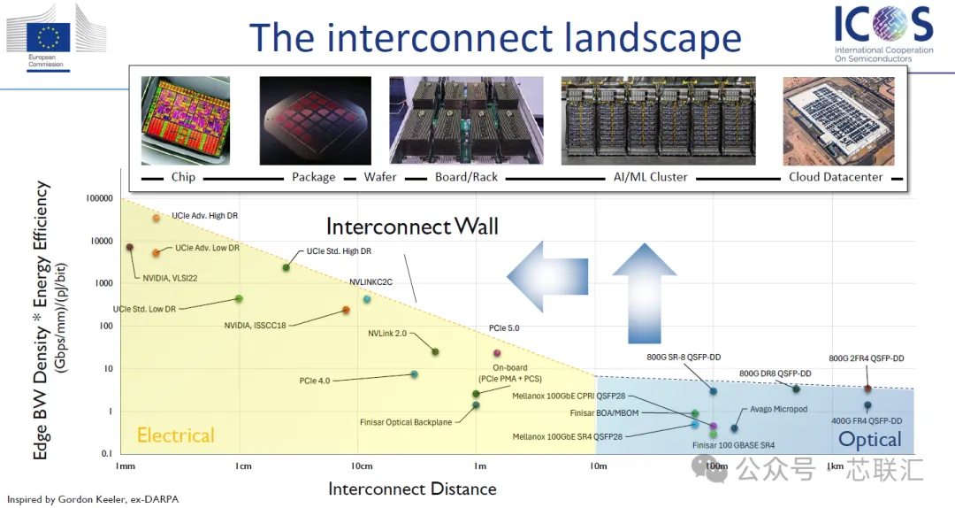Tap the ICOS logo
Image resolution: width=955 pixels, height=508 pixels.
click(883, 34)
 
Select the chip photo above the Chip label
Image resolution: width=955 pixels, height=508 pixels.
click(185, 120)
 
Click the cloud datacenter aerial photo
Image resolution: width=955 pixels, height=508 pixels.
click(838, 120)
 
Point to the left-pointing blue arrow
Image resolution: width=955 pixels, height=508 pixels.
click(547, 276)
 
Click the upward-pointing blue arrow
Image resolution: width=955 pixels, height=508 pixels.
click(644, 293)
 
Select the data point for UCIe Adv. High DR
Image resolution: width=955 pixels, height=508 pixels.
click(156, 218)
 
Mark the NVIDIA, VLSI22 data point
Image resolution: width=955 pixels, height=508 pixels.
click(129, 247)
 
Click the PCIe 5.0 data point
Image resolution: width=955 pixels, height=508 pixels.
click(497, 353)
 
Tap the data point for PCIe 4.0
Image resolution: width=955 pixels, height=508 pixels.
click(414, 374)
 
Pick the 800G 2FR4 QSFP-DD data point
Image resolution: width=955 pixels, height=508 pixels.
click(868, 389)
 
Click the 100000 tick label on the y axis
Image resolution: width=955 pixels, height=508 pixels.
click(99, 198)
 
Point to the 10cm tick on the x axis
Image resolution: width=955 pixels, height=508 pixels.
click(362, 466)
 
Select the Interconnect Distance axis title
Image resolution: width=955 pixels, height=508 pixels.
click(412, 489)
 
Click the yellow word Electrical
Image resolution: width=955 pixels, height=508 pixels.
click(175, 435)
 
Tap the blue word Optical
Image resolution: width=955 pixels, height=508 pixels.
click(870, 440)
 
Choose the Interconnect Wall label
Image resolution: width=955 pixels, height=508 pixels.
click(412, 227)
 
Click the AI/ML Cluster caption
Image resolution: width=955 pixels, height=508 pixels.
click(651, 177)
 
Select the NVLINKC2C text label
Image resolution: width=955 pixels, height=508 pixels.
click(371, 281)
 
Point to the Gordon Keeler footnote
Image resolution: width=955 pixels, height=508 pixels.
click(93, 499)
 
